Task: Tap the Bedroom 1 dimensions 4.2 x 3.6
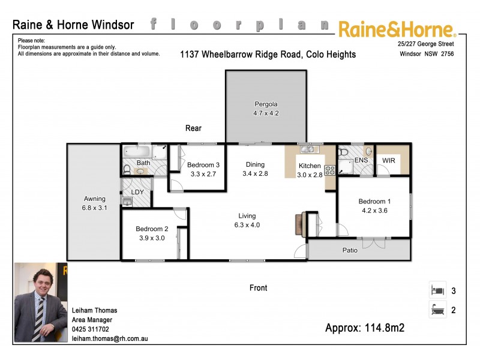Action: coord(375,211)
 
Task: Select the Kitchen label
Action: coord(310,166)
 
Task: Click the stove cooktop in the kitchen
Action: coord(329,170)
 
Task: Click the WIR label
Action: coord(388,161)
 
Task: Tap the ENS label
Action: coord(361,161)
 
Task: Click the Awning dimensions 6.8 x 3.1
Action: coord(95,208)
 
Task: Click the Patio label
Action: coord(350,250)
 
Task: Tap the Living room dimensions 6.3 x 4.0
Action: coord(247,225)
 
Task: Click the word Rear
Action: coord(193,128)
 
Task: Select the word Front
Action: coord(258,288)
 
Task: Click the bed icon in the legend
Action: coord(437,290)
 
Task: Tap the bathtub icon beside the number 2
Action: coord(437,310)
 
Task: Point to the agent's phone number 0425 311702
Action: coord(91,329)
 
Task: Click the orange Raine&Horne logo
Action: coord(397,28)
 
